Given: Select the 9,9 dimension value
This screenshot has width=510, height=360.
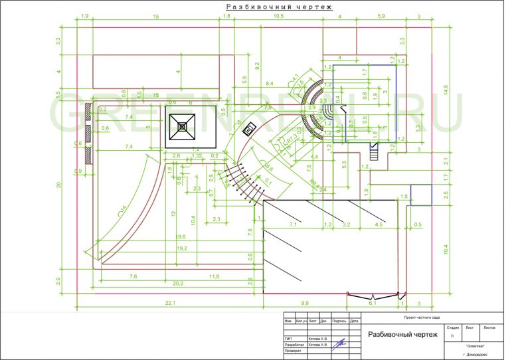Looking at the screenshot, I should (305, 303).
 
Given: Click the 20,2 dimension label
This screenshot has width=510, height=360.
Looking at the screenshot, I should (178, 284).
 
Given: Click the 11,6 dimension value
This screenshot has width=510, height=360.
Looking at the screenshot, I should (214, 276).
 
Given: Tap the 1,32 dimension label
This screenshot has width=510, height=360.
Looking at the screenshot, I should (197, 155).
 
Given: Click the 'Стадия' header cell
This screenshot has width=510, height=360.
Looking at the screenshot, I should (452, 327).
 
